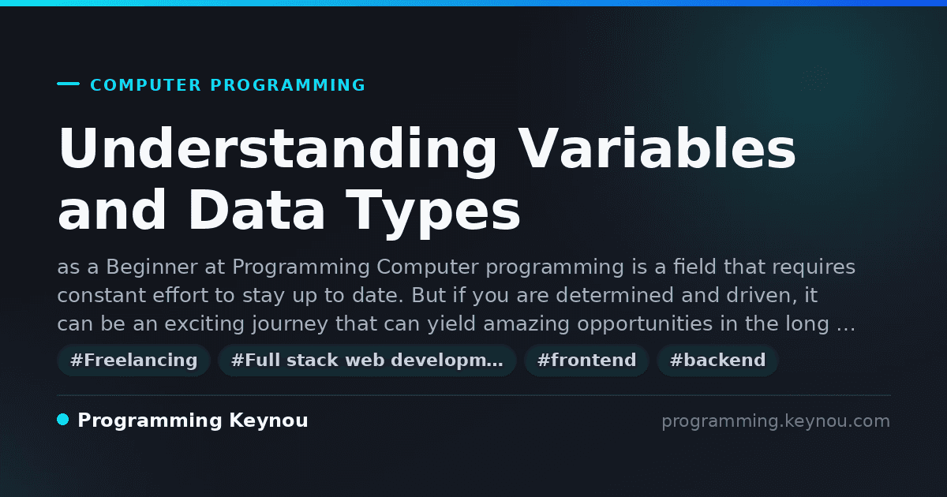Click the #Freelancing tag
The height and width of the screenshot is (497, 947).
[x=133, y=360]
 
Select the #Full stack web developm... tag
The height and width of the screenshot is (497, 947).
[x=367, y=360]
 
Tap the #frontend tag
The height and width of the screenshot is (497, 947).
[x=586, y=360]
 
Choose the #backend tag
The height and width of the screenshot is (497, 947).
[x=717, y=360]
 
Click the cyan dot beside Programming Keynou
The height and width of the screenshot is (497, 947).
[x=62, y=420]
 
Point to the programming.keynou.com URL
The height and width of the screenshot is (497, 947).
[x=776, y=421]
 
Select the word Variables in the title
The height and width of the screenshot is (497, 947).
[x=657, y=148]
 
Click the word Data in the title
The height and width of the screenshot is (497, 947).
[x=256, y=210]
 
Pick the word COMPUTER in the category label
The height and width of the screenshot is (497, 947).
[x=145, y=85]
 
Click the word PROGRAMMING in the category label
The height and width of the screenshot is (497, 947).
[x=287, y=85]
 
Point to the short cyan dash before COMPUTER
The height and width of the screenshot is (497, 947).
[x=68, y=84]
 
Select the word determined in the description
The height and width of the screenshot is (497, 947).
[x=615, y=295]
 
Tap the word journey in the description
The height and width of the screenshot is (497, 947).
[x=290, y=324]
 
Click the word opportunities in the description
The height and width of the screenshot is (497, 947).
[x=646, y=324]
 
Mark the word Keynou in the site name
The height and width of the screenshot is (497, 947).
[x=268, y=421]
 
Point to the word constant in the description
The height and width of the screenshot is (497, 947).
[x=102, y=295]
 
